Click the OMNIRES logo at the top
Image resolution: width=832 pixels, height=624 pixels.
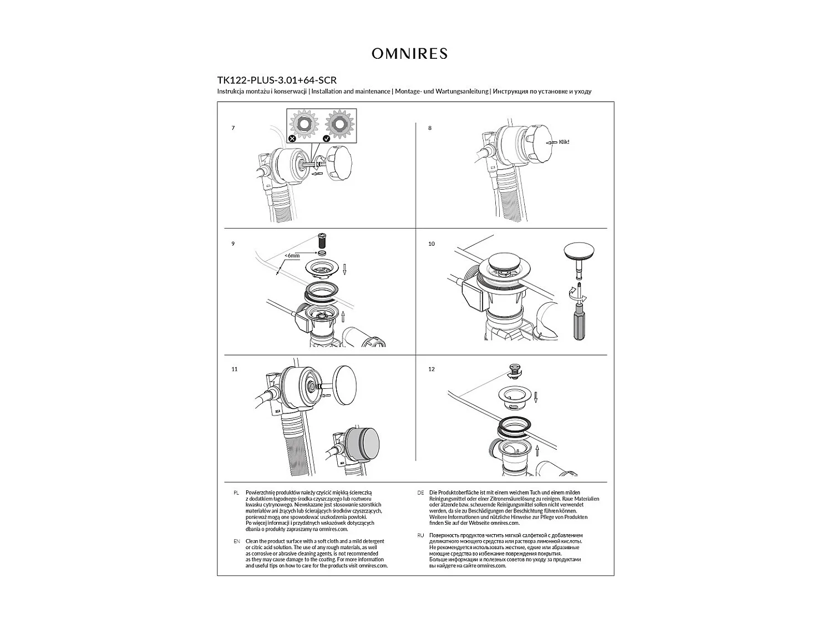tap(409, 53)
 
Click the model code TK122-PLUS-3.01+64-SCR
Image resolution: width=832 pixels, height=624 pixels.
tap(277, 80)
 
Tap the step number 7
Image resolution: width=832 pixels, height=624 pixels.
tap(233, 128)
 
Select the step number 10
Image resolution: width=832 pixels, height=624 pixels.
tap(432, 244)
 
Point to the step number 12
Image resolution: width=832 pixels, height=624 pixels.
tap(432, 369)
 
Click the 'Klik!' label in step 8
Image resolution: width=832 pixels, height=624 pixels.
tap(564, 142)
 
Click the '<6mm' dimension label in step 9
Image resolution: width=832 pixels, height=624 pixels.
tap(292, 256)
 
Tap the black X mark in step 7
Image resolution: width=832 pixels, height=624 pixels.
tap(292, 138)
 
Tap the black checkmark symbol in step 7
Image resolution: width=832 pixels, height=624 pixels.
tap(326, 138)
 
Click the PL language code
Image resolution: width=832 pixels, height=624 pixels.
tap(236, 493)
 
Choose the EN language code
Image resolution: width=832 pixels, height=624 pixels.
tap(237, 541)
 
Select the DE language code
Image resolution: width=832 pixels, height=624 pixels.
tap(420, 493)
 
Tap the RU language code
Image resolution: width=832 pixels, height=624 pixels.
tap(420, 535)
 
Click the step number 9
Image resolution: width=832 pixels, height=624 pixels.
tap(233, 244)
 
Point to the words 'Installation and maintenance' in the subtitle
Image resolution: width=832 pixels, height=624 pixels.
tap(351, 92)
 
